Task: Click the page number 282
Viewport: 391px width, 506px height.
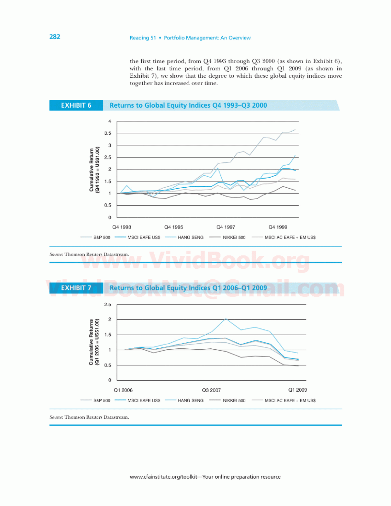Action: pyautogui.click(x=55, y=37)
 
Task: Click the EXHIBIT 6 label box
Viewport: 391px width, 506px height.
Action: pyautogui.click(x=76, y=105)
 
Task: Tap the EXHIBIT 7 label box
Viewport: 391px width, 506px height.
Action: pyautogui.click(x=76, y=288)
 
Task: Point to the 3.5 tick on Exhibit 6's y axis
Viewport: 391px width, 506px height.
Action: pyautogui.click(x=108, y=133)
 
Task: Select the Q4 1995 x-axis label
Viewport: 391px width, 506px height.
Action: pyautogui.click(x=174, y=227)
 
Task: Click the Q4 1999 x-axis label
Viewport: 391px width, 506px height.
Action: pyautogui.click(x=278, y=227)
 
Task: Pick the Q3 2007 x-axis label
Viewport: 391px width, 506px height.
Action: pyautogui.click(x=211, y=390)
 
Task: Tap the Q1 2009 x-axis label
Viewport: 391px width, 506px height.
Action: pyautogui.click(x=297, y=390)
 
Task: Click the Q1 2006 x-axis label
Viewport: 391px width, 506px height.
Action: pyautogui.click(x=123, y=390)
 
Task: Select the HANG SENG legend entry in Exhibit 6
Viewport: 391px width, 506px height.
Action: pyautogui.click(x=184, y=237)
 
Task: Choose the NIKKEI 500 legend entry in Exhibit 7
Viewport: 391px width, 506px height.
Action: pyautogui.click(x=227, y=401)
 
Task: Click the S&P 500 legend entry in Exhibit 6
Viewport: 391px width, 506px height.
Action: pyautogui.click(x=95, y=237)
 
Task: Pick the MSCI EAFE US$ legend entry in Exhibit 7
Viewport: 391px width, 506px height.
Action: pyautogui.click(x=137, y=401)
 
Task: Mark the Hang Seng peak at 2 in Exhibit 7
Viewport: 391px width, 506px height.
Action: pyautogui.click(x=226, y=319)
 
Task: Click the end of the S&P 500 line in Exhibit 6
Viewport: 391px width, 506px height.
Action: pyautogui.click(x=295, y=129)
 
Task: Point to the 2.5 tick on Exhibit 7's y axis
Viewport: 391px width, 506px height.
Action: pyautogui.click(x=108, y=304)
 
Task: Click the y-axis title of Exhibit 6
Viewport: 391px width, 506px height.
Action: pyautogui.click(x=94, y=170)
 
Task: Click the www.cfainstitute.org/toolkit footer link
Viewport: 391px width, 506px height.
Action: pyautogui.click(x=163, y=477)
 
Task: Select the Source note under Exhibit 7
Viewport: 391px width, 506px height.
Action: pyautogui.click(x=89, y=417)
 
